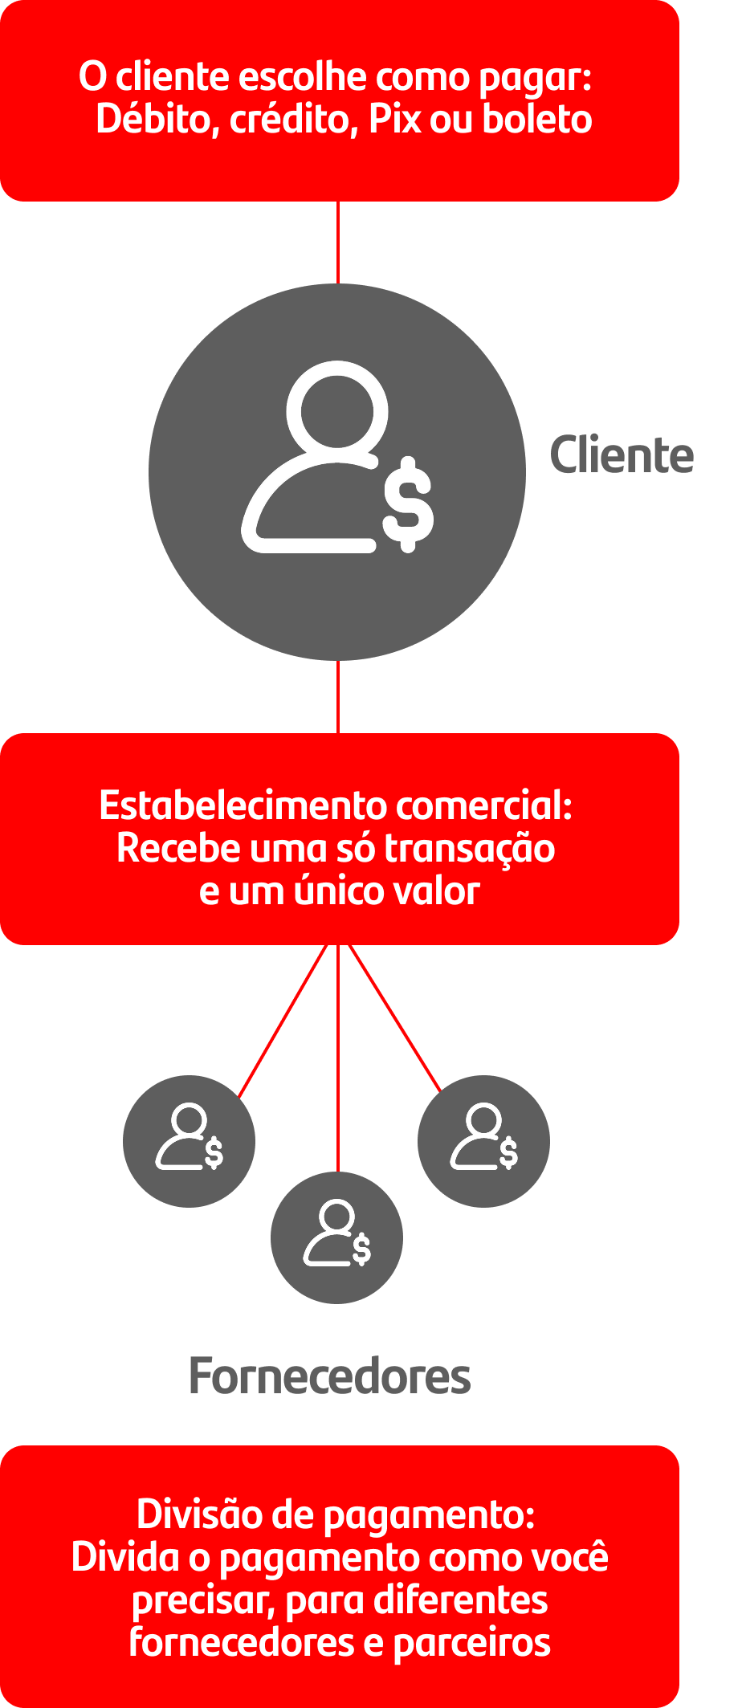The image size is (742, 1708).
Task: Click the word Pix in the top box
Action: point(395,119)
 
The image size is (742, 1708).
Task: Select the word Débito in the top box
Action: point(158,120)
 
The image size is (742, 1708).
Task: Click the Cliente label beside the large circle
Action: point(622,455)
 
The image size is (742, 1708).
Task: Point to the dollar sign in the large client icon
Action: point(408,504)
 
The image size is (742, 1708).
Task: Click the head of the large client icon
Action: point(337,405)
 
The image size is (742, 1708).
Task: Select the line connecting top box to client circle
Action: point(338,242)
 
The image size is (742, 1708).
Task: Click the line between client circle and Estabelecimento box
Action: point(338,696)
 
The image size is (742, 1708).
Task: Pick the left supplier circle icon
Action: point(189,1141)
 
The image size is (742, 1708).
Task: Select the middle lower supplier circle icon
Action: point(336,1237)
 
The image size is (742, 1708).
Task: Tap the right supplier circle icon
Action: point(483,1141)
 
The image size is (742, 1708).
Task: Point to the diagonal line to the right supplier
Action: point(395,1018)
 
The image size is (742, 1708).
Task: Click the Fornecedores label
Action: point(329,1376)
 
